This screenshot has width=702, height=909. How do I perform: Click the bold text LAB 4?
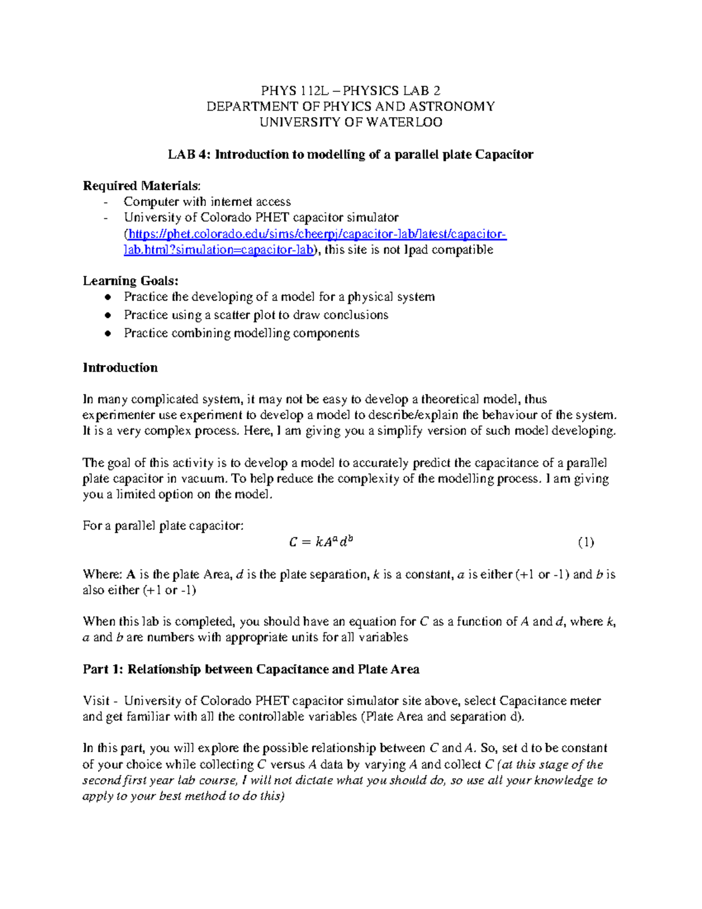click(x=190, y=155)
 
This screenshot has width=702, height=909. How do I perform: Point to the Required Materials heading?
click(x=141, y=186)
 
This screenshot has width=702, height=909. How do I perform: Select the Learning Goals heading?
click(x=130, y=281)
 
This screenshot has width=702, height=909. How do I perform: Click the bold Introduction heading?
click(x=120, y=368)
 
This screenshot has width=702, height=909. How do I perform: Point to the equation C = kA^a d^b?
click(x=321, y=542)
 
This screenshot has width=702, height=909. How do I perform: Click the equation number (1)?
click(x=586, y=542)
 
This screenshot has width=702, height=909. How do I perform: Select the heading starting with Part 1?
click(x=251, y=669)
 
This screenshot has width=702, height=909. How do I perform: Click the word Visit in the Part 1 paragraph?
click(x=96, y=701)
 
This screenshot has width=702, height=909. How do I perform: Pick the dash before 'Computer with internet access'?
click(x=105, y=203)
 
